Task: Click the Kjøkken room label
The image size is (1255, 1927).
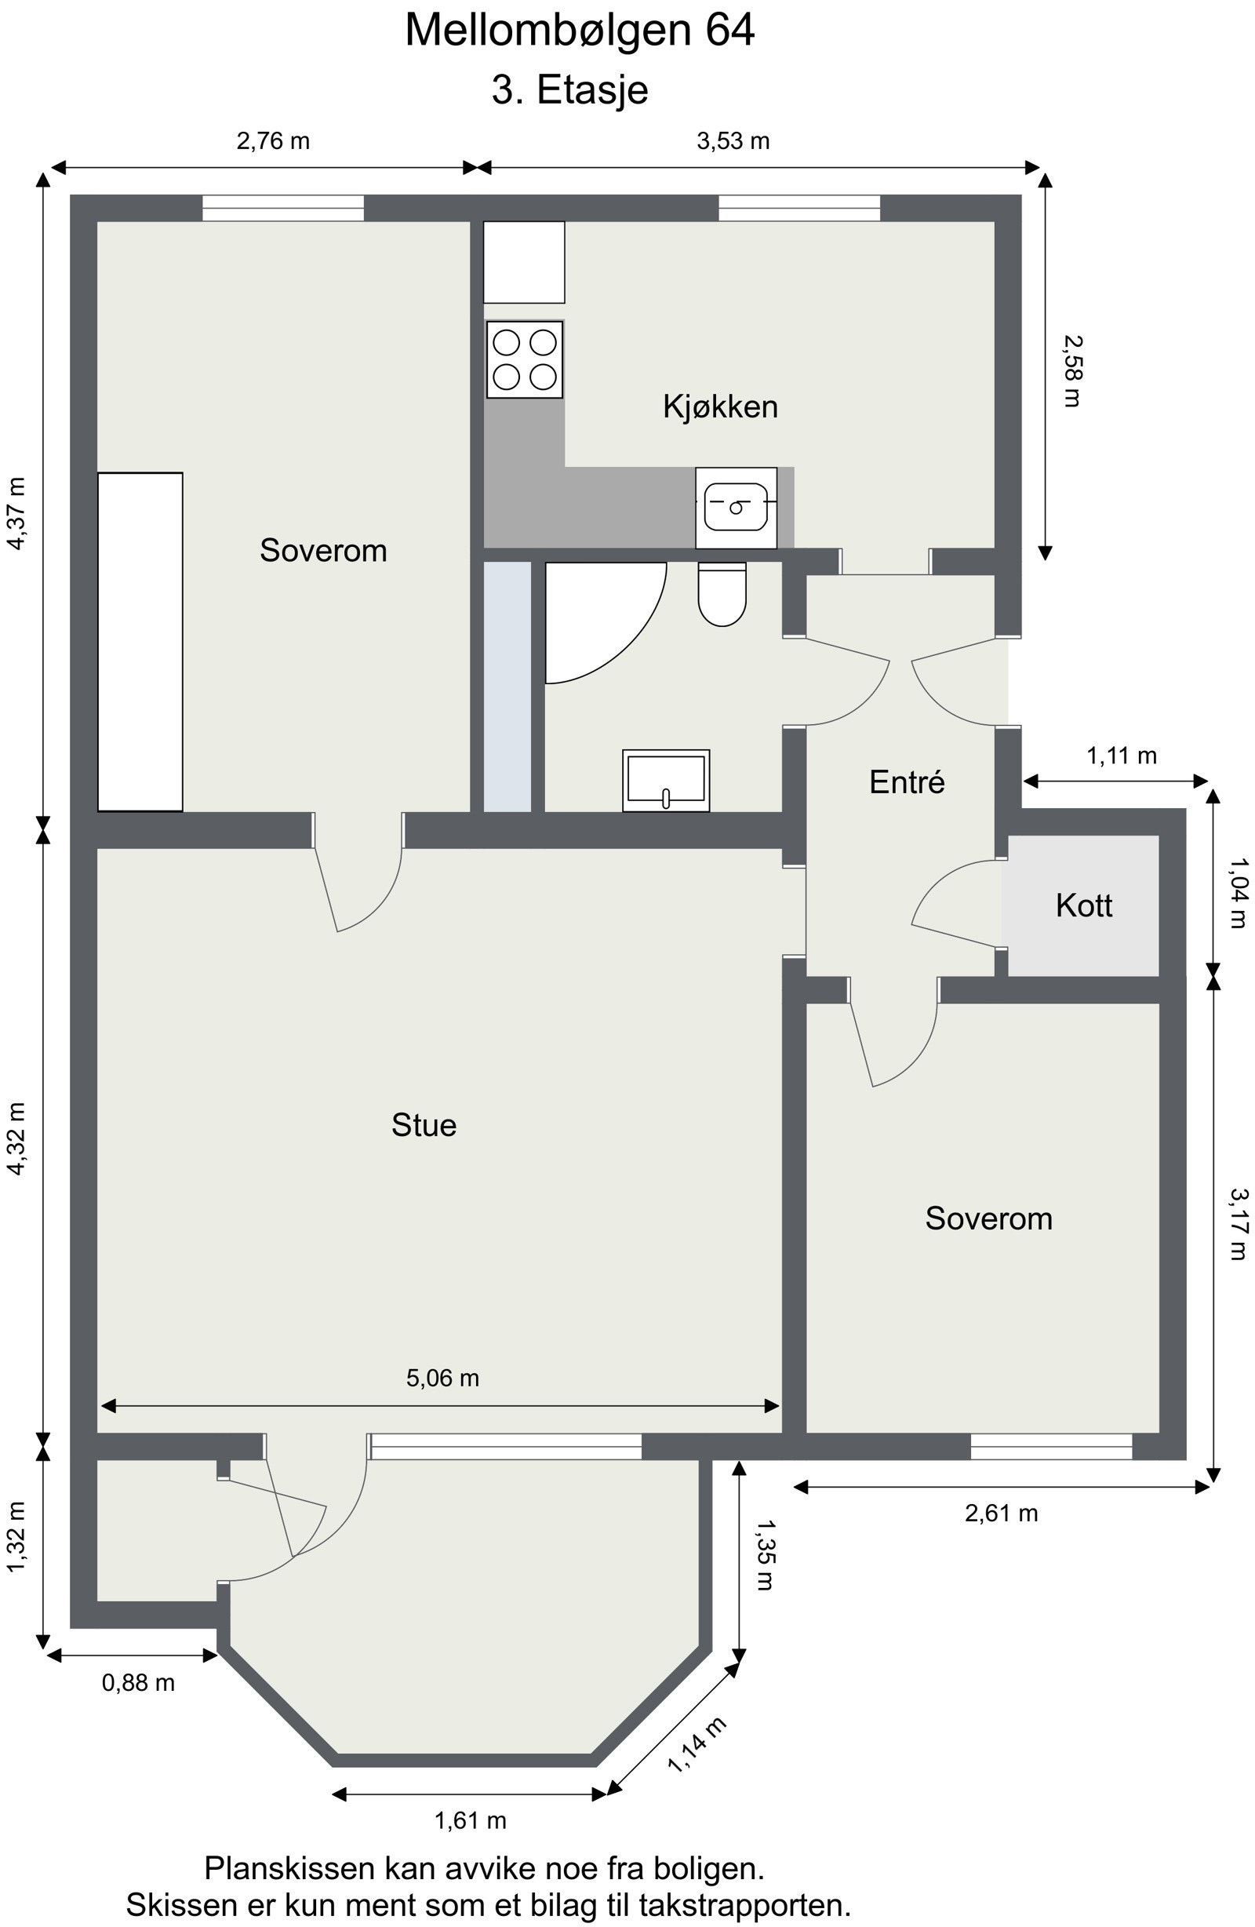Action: (720, 406)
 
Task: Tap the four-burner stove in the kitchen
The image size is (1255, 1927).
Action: (524, 359)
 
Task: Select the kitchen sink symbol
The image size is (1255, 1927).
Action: (735, 508)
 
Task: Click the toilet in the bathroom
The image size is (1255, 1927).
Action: (722, 595)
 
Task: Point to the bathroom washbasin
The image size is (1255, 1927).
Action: (666, 781)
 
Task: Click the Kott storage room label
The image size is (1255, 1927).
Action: (1083, 905)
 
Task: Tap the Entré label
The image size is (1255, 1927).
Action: (906, 782)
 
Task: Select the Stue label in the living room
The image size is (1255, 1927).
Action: (424, 1125)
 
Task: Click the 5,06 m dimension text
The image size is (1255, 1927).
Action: (442, 1378)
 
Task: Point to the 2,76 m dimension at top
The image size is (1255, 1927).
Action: (273, 142)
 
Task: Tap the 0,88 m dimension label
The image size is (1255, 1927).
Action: (137, 1682)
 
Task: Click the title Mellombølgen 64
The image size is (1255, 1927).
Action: (579, 31)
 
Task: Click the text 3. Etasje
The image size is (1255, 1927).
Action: (569, 90)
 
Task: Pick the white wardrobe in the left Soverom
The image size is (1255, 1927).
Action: (140, 641)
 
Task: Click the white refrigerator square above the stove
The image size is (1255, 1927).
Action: (524, 261)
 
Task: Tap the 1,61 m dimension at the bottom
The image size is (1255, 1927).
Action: (470, 1821)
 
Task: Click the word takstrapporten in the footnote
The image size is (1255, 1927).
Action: (761, 1905)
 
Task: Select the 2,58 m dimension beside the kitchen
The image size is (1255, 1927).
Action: (1071, 371)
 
